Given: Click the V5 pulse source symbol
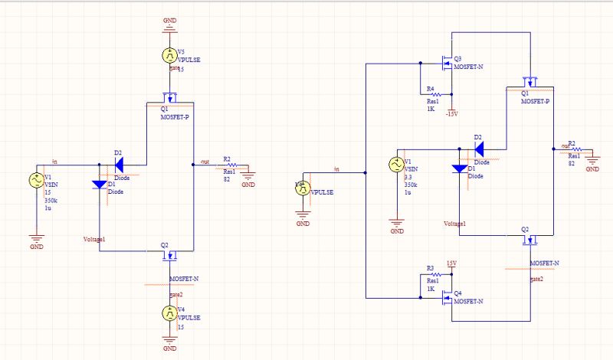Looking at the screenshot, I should tap(169, 55).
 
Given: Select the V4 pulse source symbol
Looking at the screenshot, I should tap(169, 313).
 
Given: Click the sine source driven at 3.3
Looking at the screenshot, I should tap(397, 164).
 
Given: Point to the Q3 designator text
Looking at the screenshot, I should tap(457, 58).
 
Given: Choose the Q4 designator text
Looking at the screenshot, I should tap(457, 293).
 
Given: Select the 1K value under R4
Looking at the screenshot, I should tap(431, 109).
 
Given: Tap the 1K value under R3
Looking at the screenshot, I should tap(431, 289).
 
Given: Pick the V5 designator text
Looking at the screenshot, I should tap(181, 51).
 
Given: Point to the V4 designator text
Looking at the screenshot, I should tap(181, 309).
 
